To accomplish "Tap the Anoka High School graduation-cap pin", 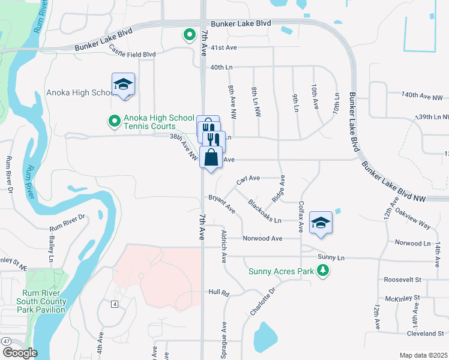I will (x=123, y=85).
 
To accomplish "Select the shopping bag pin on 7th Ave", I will (x=211, y=158).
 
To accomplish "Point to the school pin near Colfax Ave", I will (x=321, y=223).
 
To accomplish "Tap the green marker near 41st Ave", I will (x=190, y=35).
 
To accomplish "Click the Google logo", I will (x=19, y=353).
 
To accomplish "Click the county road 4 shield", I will (x=114, y=304).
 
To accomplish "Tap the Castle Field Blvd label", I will (x=133, y=55).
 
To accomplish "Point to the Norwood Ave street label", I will (x=262, y=238).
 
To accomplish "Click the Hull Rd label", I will (x=219, y=293).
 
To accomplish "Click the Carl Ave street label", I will (x=248, y=179).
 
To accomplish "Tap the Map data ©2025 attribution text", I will (x=423, y=355).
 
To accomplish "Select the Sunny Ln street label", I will (x=332, y=257).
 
